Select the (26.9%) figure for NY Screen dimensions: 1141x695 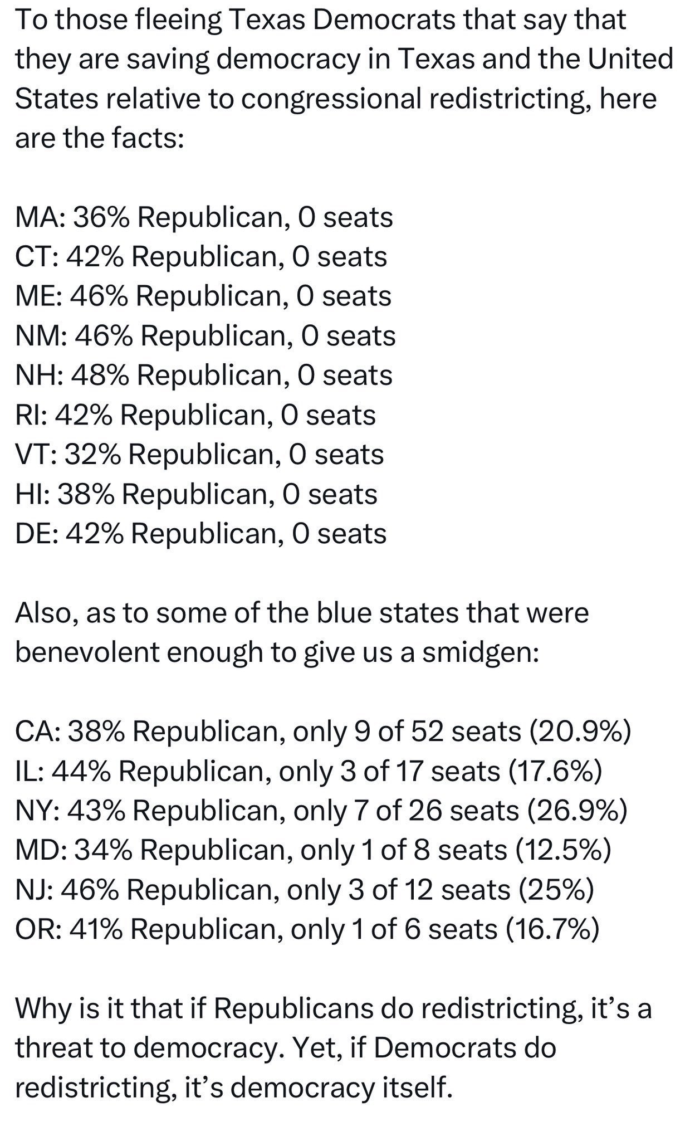(x=577, y=810)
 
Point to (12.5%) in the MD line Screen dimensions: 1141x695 (x=563, y=850)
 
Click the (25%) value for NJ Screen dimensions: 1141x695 (x=556, y=890)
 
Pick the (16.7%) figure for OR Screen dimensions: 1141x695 (x=552, y=929)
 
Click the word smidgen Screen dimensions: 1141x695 (x=480, y=652)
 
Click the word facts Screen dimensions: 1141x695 (x=147, y=138)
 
